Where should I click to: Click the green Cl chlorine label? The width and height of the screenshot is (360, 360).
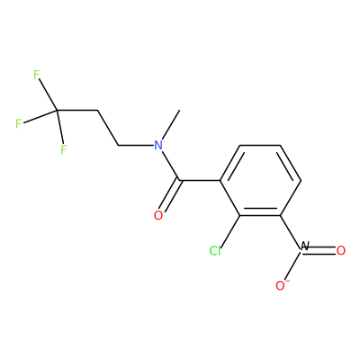pos(215,251)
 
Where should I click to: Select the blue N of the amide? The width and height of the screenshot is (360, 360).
pos(158,146)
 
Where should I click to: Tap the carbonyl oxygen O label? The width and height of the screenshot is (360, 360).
pos(158,215)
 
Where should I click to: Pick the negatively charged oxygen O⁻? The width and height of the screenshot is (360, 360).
pos(282,285)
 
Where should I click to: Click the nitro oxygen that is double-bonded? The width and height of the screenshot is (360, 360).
pos(341,250)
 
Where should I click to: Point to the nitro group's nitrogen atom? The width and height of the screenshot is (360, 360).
pos(304,247)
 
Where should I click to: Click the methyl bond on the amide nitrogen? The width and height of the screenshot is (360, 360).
pos(170,125)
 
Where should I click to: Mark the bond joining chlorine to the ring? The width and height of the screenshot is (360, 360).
pos(229,231)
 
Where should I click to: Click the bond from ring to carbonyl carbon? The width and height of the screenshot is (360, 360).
pos(200,180)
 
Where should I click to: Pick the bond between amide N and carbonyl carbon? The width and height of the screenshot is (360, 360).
pos(171,166)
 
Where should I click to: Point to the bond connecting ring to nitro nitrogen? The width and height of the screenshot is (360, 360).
pos(291,231)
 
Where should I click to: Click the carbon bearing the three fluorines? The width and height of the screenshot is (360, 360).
pos(57,111)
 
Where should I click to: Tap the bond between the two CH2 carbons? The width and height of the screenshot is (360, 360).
pos(108,128)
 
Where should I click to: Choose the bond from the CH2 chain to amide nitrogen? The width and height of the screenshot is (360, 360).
pos(136,146)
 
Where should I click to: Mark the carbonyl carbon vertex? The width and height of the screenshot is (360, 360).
pos(180,180)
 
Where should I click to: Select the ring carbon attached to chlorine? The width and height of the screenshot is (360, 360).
pos(239,215)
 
